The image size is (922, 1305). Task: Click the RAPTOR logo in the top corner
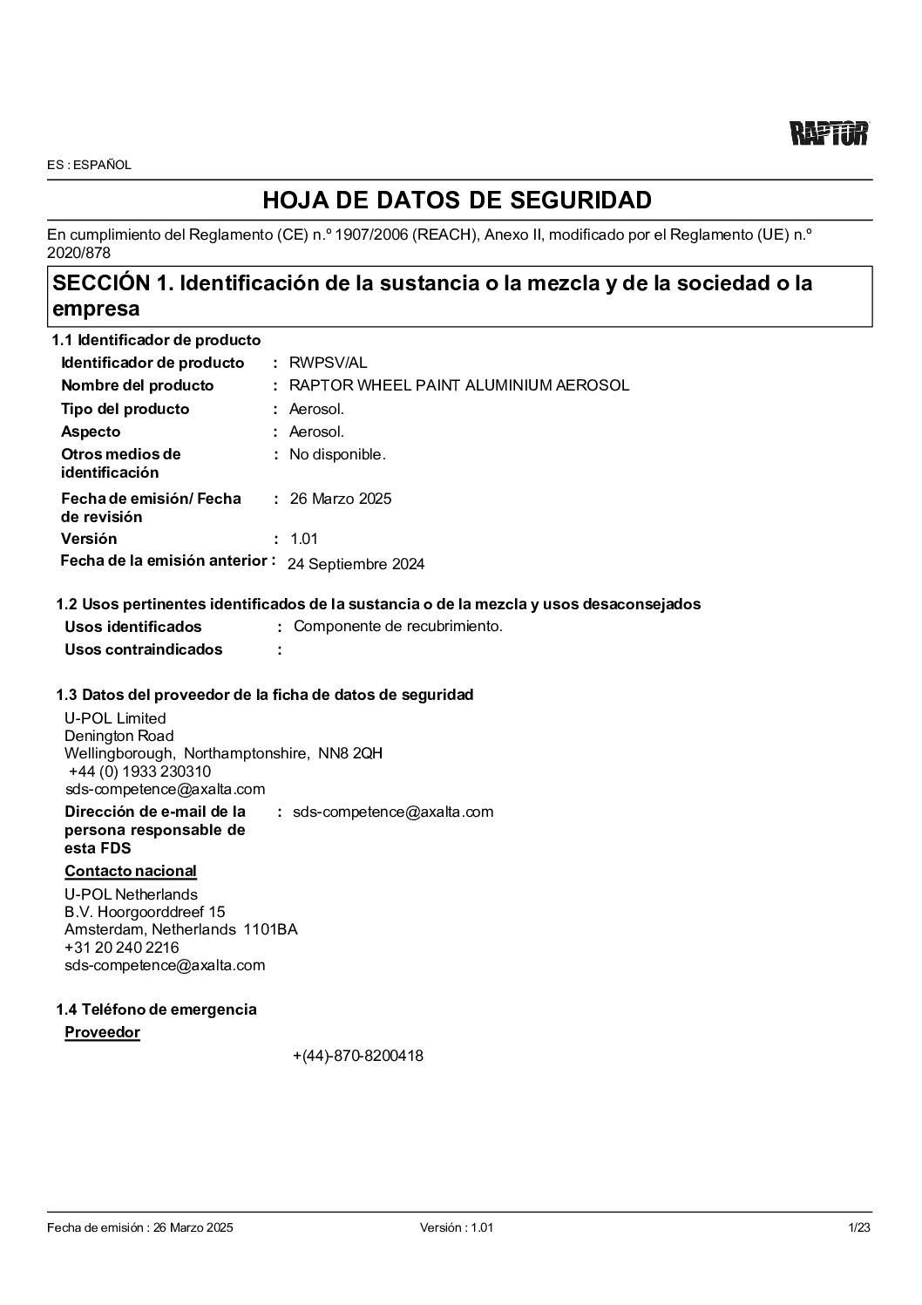(x=829, y=133)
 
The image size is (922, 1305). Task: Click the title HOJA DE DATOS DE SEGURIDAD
(x=457, y=201)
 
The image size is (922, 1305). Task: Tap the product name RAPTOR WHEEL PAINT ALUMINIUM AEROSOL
(x=458, y=385)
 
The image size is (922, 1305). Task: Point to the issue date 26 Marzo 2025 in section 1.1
(x=340, y=499)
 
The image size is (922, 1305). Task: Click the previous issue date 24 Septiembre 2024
(x=356, y=564)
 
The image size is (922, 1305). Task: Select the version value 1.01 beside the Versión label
(x=303, y=539)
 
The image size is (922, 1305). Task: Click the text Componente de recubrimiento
(x=397, y=626)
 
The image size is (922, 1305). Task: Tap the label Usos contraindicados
(x=143, y=649)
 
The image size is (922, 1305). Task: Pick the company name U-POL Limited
(x=115, y=718)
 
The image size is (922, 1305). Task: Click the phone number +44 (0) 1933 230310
(x=139, y=771)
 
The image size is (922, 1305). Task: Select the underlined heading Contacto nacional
(x=130, y=871)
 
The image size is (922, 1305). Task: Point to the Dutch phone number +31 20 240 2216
(x=121, y=948)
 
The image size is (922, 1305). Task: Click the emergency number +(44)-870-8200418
(x=357, y=1056)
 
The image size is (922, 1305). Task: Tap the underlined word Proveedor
(x=102, y=1032)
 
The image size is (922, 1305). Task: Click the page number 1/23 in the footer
(x=859, y=1227)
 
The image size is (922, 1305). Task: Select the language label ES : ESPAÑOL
(x=89, y=165)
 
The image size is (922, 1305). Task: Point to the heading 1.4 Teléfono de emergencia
(x=156, y=1009)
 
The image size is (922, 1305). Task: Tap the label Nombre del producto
(x=137, y=385)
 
